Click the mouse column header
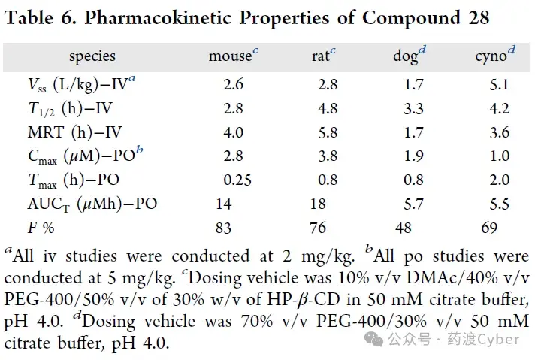(x=234, y=56)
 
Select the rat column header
(x=323, y=56)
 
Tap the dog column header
(x=410, y=56)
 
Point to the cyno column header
(x=495, y=56)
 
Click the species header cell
(x=92, y=56)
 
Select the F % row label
(x=41, y=228)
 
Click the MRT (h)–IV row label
(x=74, y=132)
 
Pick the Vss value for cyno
(x=499, y=84)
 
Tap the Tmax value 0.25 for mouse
(x=237, y=180)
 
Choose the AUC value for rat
(x=318, y=204)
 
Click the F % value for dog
(x=404, y=228)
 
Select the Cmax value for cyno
(x=500, y=156)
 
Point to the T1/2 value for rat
(x=328, y=108)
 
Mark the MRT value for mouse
(x=234, y=132)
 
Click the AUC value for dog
(x=413, y=204)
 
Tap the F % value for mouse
(x=223, y=228)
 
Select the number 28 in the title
(x=479, y=18)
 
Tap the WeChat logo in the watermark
(x=373, y=340)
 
